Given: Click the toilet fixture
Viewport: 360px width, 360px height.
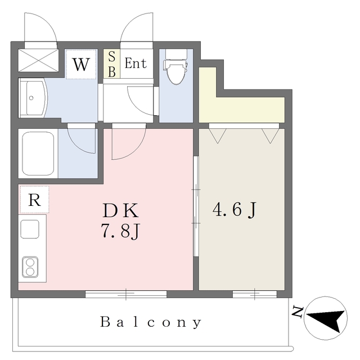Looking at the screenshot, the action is pyautogui.click(x=175, y=71).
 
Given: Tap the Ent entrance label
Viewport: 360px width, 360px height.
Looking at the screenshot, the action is pyautogui.click(x=136, y=64).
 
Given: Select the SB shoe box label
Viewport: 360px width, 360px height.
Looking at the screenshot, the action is pyautogui.click(x=111, y=64).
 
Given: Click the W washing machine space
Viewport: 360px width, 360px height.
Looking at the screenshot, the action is pyautogui.click(x=81, y=64).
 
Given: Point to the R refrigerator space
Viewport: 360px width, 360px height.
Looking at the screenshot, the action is pyautogui.click(x=34, y=200).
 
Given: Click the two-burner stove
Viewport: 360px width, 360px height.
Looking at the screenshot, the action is pyautogui.click(x=30, y=267).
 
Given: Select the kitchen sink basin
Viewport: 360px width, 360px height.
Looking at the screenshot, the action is pyautogui.click(x=30, y=229).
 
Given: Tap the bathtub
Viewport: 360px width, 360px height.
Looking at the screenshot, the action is pyautogui.click(x=38, y=154).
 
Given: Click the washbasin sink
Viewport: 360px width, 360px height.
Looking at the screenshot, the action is pyautogui.click(x=33, y=98).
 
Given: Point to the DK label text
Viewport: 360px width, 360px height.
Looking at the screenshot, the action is pyautogui.click(x=121, y=210).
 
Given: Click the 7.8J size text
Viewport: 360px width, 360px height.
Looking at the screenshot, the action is pyautogui.click(x=120, y=231).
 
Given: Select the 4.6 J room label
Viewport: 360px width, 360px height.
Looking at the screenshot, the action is pyautogui.click(x=234, y=210).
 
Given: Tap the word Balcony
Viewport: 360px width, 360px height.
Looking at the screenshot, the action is pyautogui.click(x=151, y=322).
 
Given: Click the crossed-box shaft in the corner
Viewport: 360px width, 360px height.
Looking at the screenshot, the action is pyautogui.click(x=38, y=60).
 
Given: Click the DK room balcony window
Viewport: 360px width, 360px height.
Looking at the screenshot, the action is pyautogui.click(x=126, y=294).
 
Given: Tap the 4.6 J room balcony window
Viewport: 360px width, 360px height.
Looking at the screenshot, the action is pyautogui.click(x=255, y=294).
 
